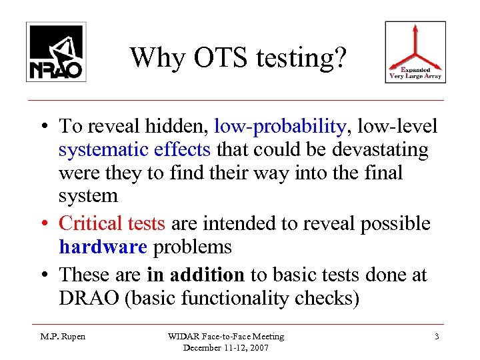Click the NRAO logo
click(56, 52)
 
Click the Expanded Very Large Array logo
click(415, 52)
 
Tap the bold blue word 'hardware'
click(103, 247)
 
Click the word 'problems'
click(193, 247)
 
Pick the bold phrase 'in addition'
click(207, 274)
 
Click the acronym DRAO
click(87, 298)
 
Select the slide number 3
click(437, 337)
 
